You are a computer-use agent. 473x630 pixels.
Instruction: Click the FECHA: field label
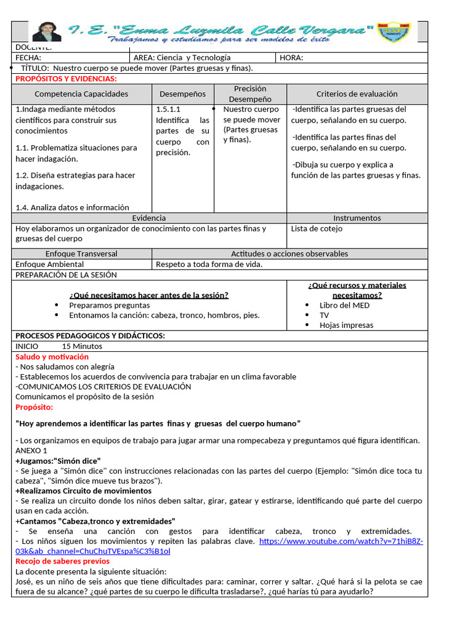pos(28,58)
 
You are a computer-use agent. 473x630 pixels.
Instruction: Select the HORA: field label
pos(291,58)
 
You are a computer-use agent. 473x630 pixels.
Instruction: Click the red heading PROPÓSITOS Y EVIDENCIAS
pos(66,79)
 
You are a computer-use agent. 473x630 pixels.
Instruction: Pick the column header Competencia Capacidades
pos(81,94)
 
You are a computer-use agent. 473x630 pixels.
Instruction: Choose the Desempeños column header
pos(182,94)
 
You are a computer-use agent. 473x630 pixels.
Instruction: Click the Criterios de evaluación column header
pos(357,94)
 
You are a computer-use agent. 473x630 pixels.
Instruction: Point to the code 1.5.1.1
pos(169,110)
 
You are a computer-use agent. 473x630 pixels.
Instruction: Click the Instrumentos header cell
pos(357,218)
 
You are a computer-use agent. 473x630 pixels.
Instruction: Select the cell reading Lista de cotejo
pos(317,229)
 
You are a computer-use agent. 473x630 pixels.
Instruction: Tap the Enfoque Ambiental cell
pos(49,265)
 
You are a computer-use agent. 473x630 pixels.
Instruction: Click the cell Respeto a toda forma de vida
pos(209,265)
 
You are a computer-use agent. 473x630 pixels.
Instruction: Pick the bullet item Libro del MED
pos(344,305)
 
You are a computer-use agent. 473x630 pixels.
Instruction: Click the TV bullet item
pos(324,315)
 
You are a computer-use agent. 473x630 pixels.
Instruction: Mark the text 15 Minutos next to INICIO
pos(82,346)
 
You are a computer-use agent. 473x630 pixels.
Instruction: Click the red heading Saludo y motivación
pos(52,357)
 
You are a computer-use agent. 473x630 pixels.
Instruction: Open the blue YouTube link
pos(341,541)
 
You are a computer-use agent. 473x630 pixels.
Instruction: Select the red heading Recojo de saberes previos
pos(62,561)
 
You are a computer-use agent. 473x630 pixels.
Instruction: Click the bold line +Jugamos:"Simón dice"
pos(58,461)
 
